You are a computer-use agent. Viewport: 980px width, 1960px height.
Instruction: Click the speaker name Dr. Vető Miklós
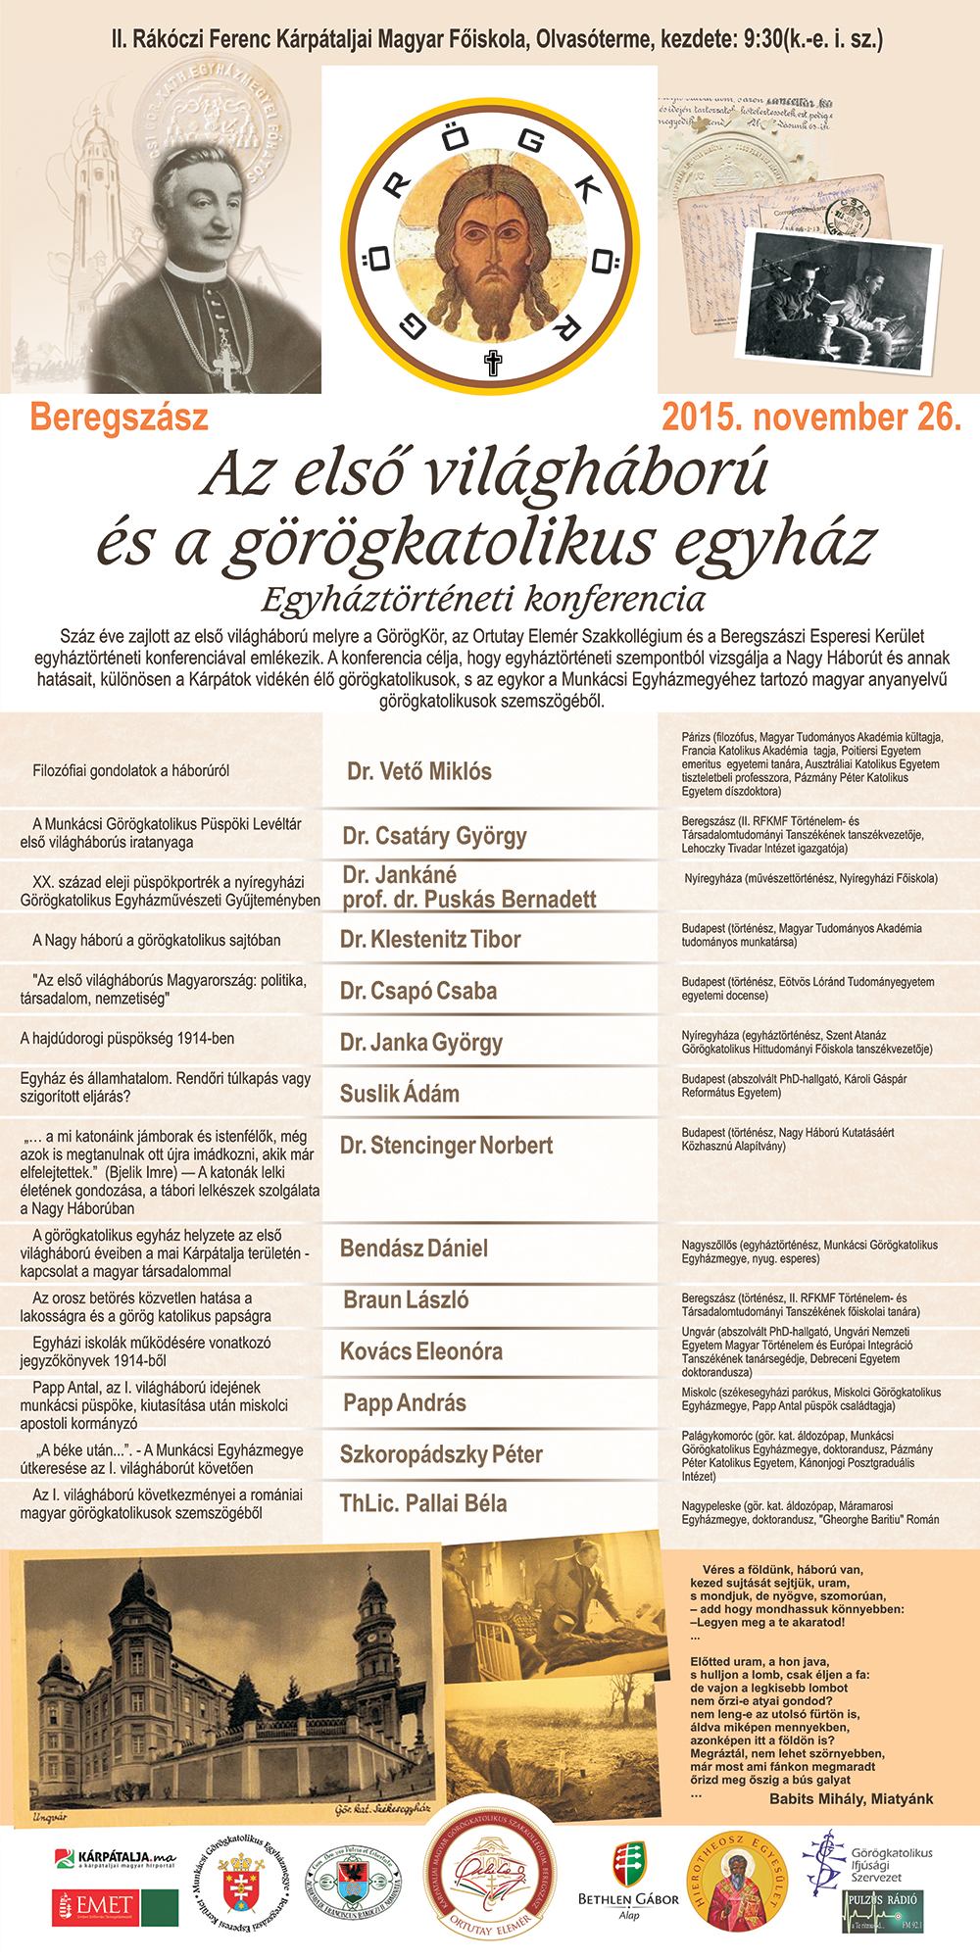click(419, 771)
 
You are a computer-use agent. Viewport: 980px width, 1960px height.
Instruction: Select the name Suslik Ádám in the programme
click(400, 1094)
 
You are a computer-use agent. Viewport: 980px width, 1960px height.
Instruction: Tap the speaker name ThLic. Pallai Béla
click(423, 1503)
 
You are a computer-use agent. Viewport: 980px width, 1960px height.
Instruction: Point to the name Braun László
click(406, 1300)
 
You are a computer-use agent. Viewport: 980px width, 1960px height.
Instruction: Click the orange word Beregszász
click(119, 417)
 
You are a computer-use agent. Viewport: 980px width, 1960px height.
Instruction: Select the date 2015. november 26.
click(811, 417)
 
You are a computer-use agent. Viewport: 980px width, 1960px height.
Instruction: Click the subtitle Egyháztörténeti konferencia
click(483, 599)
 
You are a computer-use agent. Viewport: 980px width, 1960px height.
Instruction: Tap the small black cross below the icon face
click(493, 363)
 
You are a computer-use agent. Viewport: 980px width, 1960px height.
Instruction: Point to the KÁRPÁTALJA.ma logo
click(115, 1857)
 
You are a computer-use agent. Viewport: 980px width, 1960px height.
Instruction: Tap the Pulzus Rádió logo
click(883, 1910)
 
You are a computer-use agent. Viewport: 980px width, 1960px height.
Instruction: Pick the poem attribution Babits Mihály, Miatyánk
click(851, 1798)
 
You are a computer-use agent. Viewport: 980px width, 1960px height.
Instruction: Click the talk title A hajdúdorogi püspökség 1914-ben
click(127, 1039)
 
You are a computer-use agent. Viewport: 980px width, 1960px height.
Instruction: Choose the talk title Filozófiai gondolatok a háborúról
click(131, 771)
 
